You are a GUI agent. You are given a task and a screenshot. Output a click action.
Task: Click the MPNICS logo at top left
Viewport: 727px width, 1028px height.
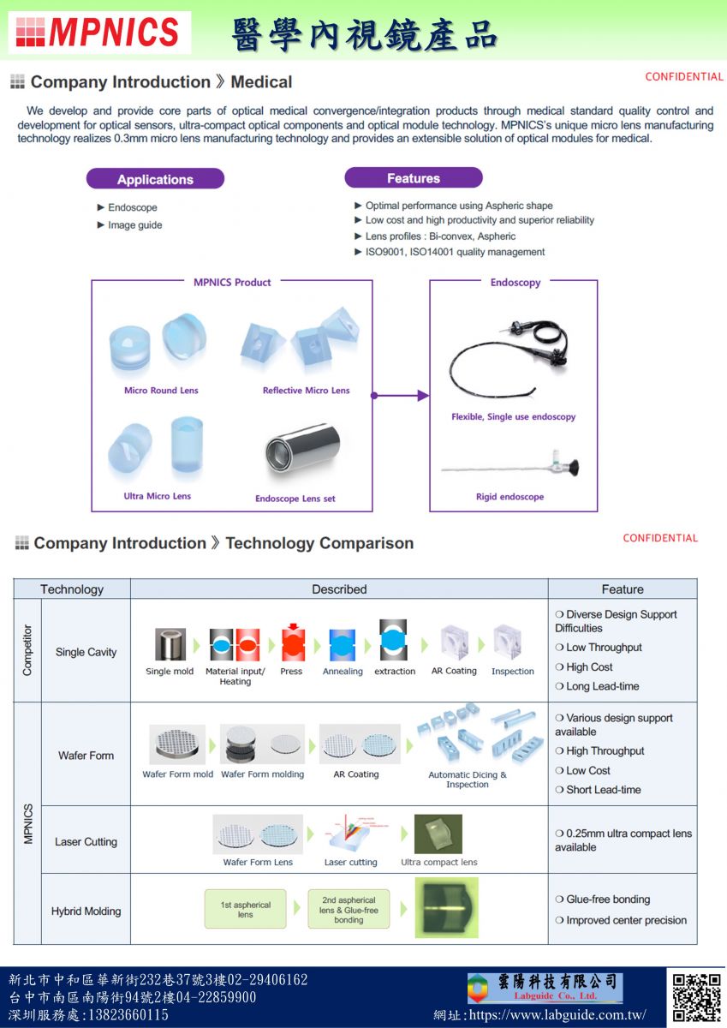pos(98,33)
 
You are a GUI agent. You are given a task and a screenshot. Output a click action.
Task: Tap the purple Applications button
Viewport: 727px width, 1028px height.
pos(155,179)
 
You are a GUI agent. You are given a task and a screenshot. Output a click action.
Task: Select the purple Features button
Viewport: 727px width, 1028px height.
pos(414,178)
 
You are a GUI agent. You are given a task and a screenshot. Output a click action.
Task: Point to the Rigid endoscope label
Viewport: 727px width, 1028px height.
pos(509,497)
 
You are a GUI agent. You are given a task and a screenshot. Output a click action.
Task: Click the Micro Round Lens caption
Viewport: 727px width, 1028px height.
pos(161,391)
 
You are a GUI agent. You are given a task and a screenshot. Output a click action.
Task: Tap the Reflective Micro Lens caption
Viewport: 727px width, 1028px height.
pos(306,391)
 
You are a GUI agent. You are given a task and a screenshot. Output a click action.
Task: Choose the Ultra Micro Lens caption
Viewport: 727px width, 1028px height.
pos(158,496)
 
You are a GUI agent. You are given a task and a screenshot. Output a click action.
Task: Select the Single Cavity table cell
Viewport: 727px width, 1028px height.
pos(86,652)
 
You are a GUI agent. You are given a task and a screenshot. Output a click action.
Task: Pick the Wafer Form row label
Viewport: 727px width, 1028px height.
pos(86,756)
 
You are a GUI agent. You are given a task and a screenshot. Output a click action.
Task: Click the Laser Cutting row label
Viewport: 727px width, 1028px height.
pos(86,842)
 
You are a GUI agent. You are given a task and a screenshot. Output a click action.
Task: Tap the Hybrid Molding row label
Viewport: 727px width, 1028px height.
pos(86,911)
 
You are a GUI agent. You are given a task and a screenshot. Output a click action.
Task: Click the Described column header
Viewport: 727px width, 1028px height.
pos(339,589)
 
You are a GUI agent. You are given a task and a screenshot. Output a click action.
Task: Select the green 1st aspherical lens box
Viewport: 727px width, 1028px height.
pos(245,910)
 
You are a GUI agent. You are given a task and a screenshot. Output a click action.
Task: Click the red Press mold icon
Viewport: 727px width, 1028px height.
pos(293,643)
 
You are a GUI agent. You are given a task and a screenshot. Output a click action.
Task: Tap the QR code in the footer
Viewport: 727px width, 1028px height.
pos(696,997)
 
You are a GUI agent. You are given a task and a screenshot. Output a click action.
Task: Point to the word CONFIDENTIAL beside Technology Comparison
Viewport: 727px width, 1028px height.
pos(660,538)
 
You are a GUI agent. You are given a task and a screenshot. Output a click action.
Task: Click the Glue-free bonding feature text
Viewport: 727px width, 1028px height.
pos(608,899)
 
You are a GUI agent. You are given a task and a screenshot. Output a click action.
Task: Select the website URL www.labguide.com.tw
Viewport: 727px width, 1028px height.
pos(569,1015)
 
